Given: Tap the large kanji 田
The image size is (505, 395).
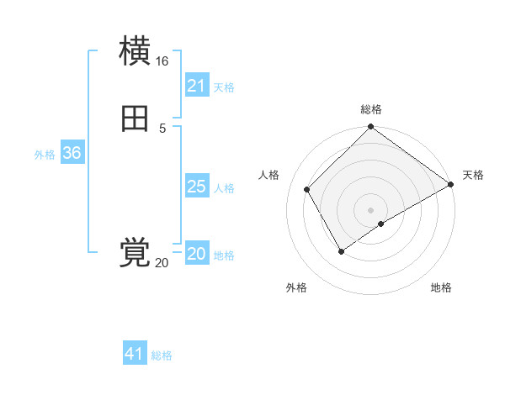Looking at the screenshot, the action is [135, 120].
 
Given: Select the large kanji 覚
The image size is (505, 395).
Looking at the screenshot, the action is [135, 252].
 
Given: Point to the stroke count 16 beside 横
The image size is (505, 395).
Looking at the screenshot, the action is [162, 61].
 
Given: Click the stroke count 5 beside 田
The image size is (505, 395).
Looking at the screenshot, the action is [162, 128].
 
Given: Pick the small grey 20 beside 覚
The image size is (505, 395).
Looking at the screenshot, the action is [162, 263].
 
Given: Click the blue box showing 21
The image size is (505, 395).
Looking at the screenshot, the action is [196, 86].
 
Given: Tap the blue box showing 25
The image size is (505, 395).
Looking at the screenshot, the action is [196, 187].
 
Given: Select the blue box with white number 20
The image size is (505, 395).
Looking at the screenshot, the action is [196, 254].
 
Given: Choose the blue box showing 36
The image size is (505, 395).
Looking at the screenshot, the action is [72, 153].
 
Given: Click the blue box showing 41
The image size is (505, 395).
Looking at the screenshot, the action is [135, 354].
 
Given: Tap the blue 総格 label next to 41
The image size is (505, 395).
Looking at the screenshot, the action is [162, 355].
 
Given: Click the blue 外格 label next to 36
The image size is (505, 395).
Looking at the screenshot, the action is [45, 155].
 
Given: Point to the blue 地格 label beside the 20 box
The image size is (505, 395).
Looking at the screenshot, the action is [224, 255].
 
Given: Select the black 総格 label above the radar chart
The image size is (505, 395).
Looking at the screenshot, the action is [370, 109].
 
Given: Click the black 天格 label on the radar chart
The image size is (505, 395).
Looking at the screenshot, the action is [473, 175].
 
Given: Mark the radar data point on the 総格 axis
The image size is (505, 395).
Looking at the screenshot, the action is [370, 128].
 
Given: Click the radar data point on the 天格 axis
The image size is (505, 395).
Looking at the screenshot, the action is [450, 184].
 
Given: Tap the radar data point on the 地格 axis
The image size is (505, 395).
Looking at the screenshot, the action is [381, 224].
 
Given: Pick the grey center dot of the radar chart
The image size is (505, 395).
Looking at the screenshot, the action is [370, 210].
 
